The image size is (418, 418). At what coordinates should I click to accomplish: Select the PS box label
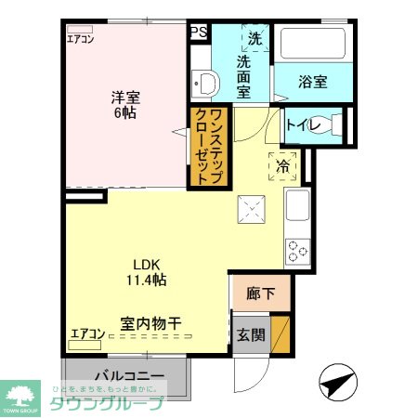pyautogui.click(x=198, y=32)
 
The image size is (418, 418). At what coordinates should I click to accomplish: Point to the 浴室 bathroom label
pyautogui.click(x=312, y=82)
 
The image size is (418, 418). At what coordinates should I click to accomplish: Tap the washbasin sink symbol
pyautogui.click(x=204, y=86)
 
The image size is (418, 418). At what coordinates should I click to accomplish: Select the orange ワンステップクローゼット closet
pyautogui.click(x=209, y=147)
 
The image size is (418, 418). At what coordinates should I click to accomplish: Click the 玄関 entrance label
pyautogui.click(x=250, y=334)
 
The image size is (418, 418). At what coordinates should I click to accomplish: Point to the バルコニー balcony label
pyautogui.click(x=127, y=376)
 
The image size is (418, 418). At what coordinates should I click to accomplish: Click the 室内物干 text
pyautogui.click(x=150, y=324)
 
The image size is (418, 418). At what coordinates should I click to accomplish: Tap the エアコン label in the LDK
pyautogui.click(x=87, y=332)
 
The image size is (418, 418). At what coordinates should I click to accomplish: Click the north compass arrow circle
pyautogui.click(x=337, y=381)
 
